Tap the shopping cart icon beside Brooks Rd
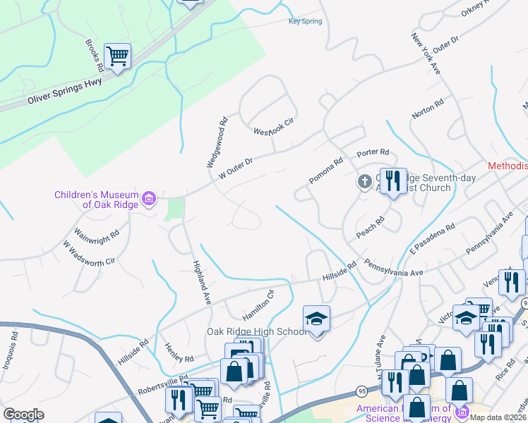[117, 56]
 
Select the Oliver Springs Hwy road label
[65, 92]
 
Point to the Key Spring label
[305, 21]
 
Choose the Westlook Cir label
[273, 126]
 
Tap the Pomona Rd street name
[325, 171]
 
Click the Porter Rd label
[373, 152]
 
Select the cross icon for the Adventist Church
[364, 183]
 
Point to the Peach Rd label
[370, 228]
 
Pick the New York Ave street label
[426, 56]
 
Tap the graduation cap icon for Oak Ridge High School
[317, 319]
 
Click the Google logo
[23, 414]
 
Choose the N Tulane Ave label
[376, 356]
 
